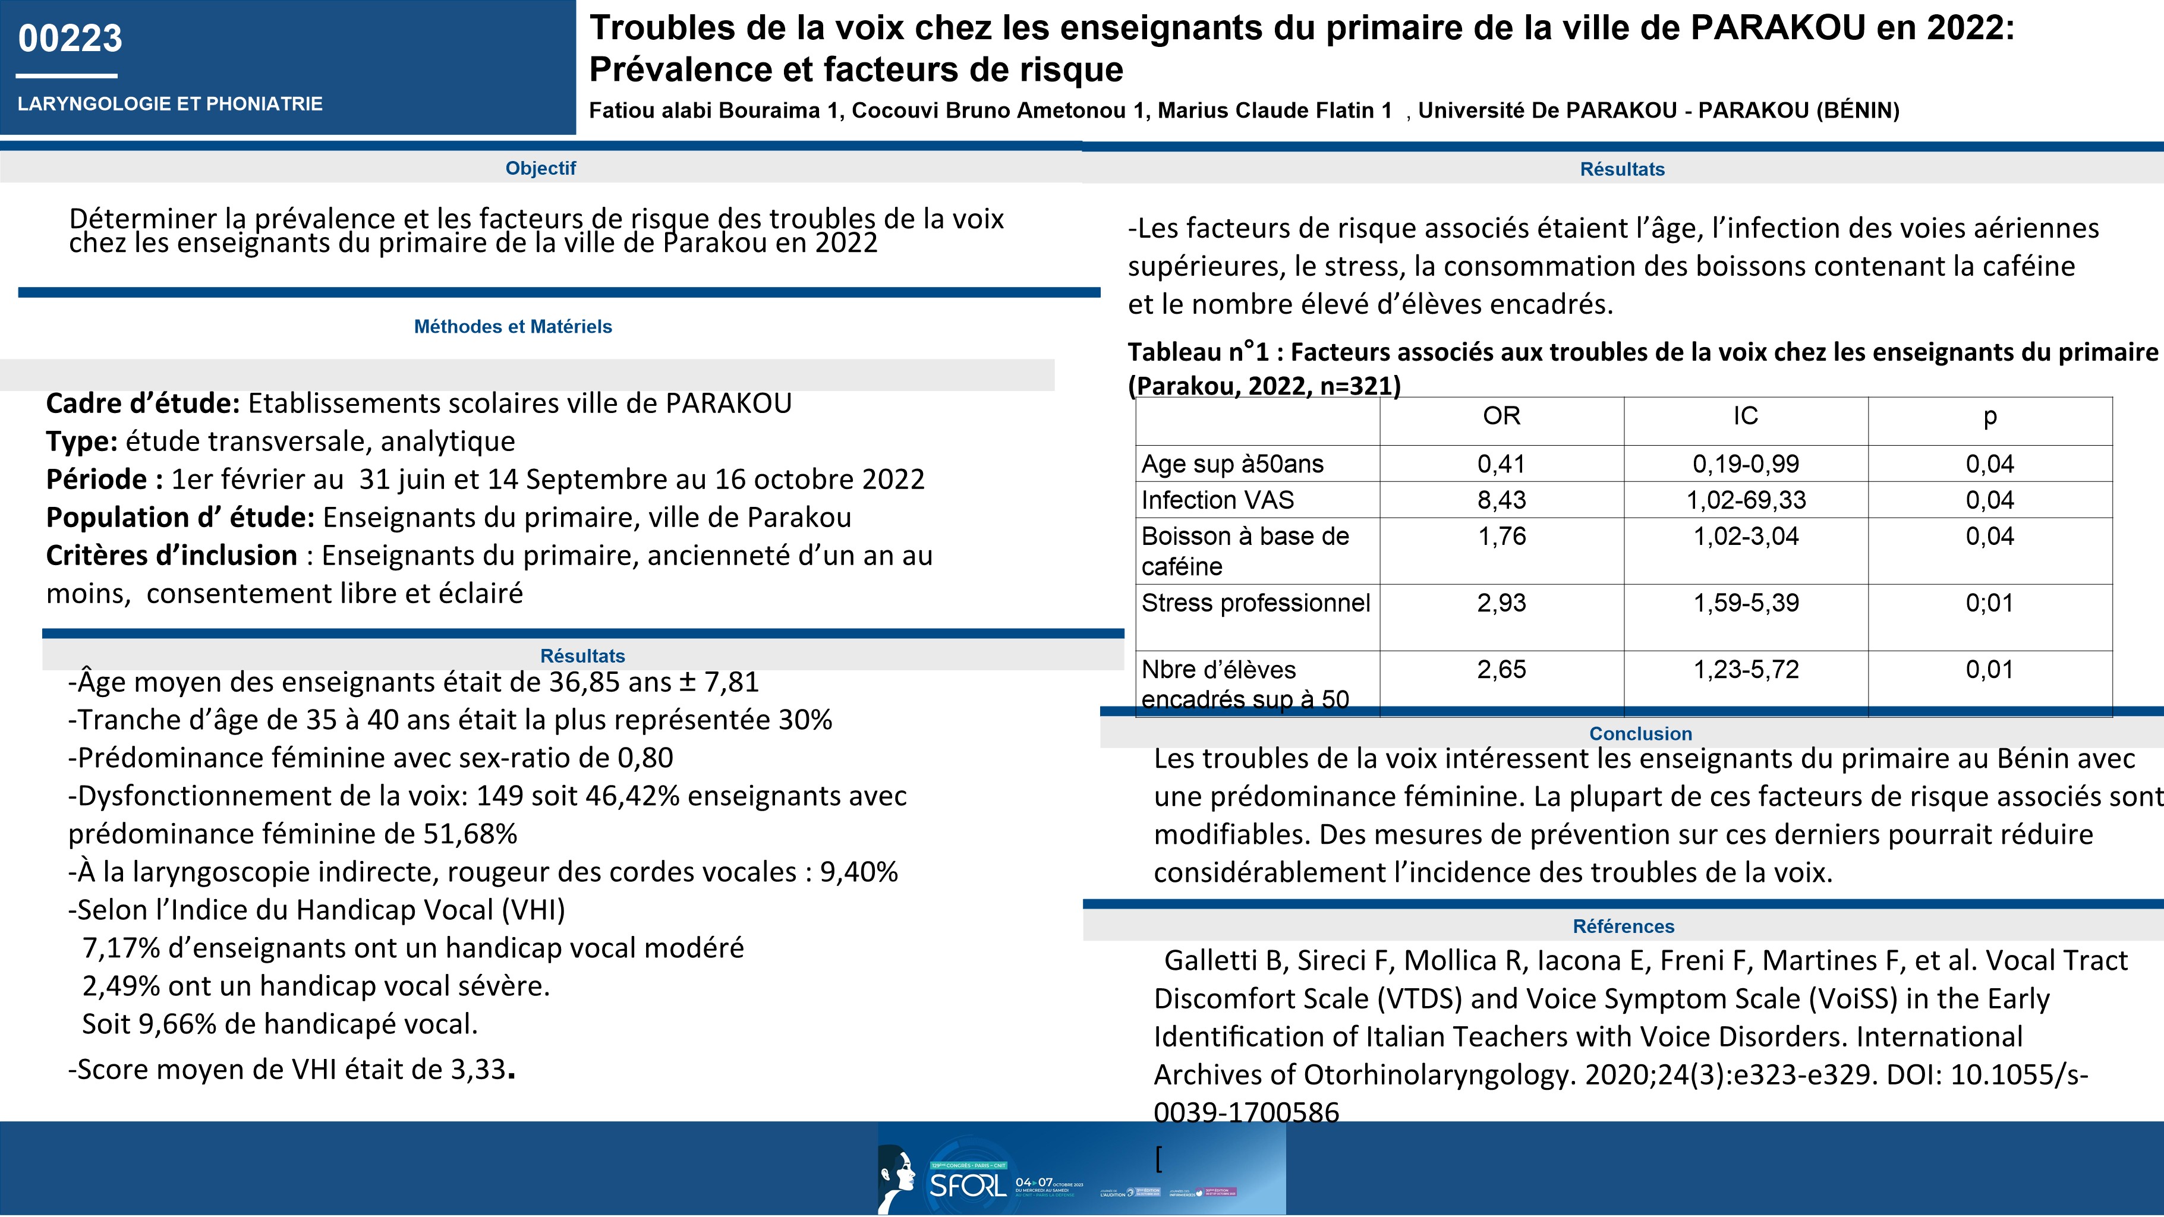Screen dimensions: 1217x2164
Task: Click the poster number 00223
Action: point(71,39)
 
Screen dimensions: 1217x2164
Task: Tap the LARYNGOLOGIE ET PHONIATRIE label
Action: point(170,104)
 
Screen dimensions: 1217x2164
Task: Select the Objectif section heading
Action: point(540,168)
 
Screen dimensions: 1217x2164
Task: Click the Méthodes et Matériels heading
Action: point(512,327)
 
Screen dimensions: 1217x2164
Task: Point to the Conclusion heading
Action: point(1640,733)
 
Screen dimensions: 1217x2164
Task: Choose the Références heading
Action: point(1623,926)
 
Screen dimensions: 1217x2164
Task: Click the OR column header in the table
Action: point(1501,417)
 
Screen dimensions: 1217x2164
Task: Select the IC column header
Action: point(1745,417)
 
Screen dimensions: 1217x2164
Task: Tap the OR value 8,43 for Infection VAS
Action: point(1501,500)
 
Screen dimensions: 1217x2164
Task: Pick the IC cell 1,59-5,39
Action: point(1746,603)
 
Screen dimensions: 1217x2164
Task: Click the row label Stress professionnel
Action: point(1255,603)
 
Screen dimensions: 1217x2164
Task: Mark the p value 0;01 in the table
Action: point(1989,603)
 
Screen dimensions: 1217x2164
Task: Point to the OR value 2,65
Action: point(1501,670)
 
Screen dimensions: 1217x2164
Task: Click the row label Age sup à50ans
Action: point(1231,465)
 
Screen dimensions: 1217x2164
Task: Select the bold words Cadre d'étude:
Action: point(143,404)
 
